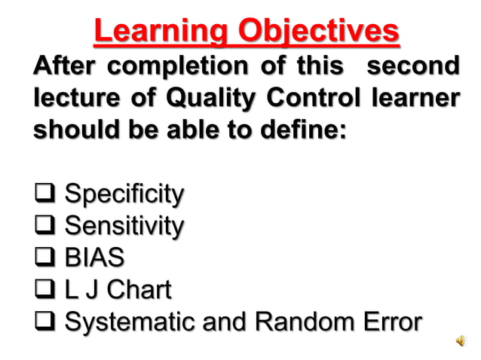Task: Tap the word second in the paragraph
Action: (x=412, y=66)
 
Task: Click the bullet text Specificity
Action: (x=124, y=194)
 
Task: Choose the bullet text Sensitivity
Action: (x=124, y=226)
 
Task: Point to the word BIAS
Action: (x=94, y=258)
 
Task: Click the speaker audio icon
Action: (x=461, y=342)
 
